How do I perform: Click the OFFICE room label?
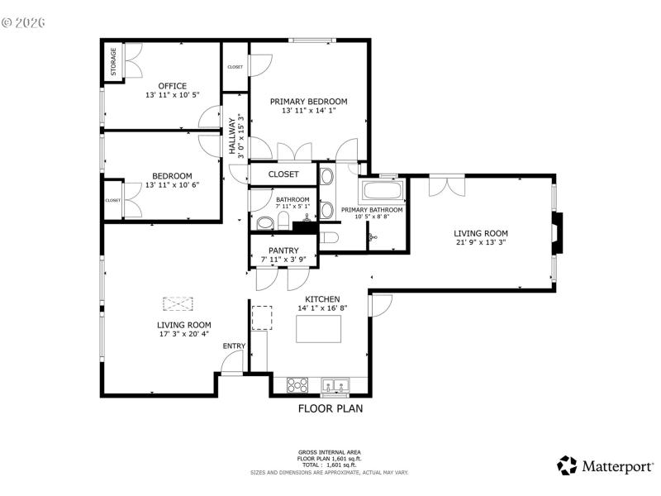[x=173, y=86]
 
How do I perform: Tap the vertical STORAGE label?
[x=114, y=61]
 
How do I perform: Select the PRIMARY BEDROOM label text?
[x=309, y=102]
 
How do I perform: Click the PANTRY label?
[x=283, y=250]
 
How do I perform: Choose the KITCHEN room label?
[x=322, y=299]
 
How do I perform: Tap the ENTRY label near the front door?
[x=234, y=346]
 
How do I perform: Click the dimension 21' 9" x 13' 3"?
[x=480, y=243]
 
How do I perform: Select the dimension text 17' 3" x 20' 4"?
[x=184, y=335]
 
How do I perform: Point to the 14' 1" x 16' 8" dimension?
[x=322, y=308]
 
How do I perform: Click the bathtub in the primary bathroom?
[x=383, y=192]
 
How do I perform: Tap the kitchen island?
[x=320, y=329]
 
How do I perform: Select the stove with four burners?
[x=297, y=384]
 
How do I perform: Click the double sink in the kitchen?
[x=335, y=384]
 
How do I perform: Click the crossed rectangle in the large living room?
[x=176, y=303]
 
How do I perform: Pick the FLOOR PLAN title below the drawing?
[x=330, y=408]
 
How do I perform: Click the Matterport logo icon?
[x=567, y=465]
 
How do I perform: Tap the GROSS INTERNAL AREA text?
[x=330, y=452]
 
